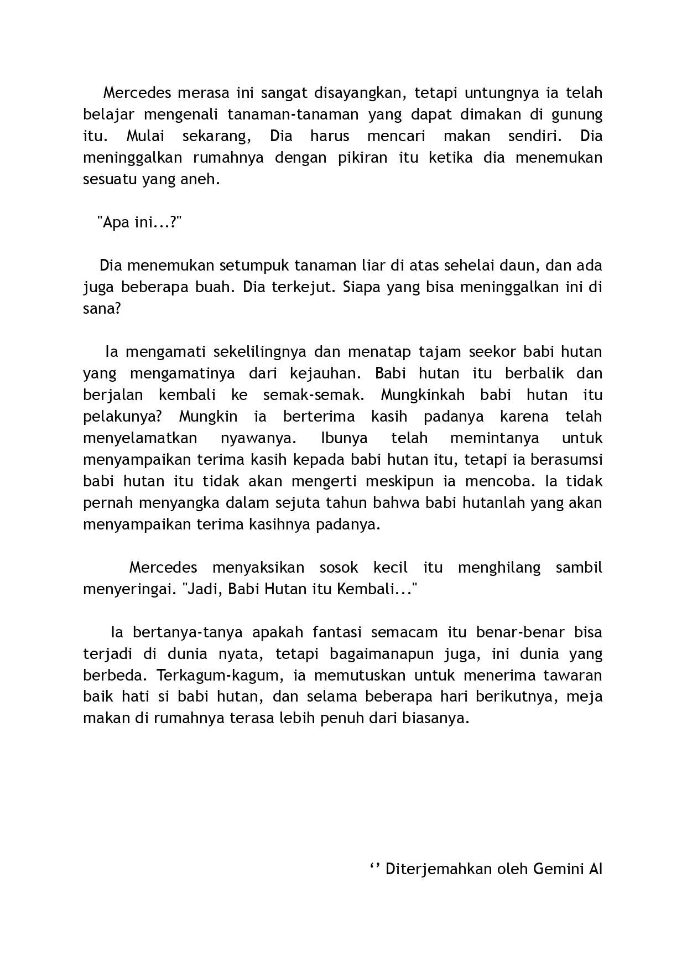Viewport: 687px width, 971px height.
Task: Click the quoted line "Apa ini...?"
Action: (x=139, y=222)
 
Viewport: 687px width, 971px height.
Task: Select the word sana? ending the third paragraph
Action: (x=102, y=309)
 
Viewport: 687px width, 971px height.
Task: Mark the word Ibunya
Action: (x=344, y=438)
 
